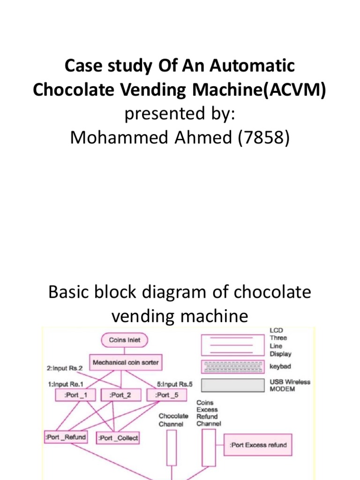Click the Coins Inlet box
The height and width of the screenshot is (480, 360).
coord(124,340)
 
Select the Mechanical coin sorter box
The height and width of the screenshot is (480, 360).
coord(126,363)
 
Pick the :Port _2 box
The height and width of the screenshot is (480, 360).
coord(121,395)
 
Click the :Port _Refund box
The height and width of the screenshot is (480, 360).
coord(66,437)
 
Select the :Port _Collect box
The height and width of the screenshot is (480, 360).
coord(118,438)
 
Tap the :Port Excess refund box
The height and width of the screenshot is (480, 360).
coord(258,445)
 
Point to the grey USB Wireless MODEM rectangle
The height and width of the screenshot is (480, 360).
coord(233,385)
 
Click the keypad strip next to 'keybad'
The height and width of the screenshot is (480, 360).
coord(233,365)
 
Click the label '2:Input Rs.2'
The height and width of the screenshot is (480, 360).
coord(65,368)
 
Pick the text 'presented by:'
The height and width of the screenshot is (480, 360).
coord(180,114)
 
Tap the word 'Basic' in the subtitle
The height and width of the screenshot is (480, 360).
coord(72,292)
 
